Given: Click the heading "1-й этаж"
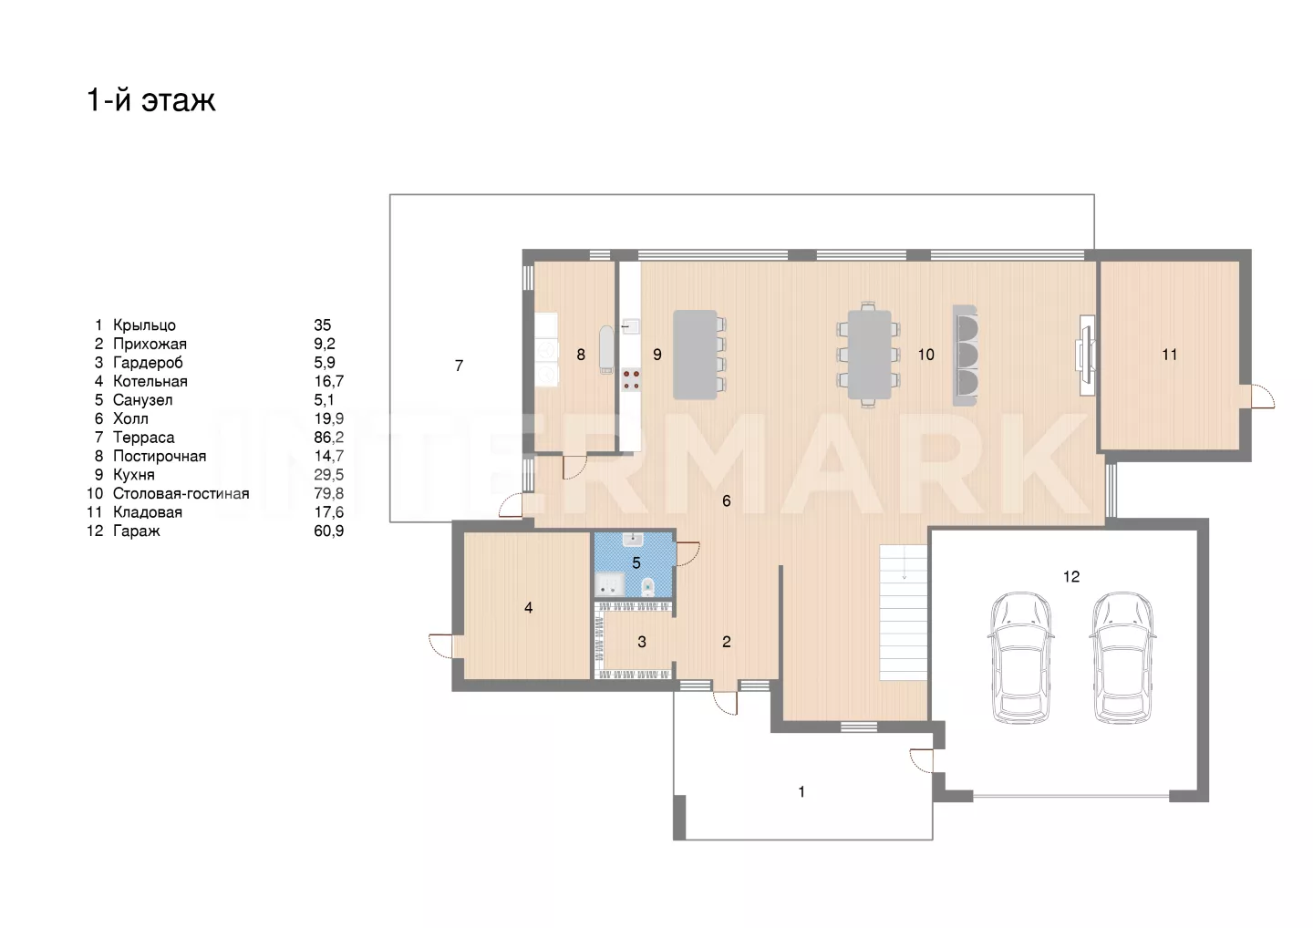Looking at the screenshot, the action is click(151, 99).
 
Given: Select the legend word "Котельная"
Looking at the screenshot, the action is click(150, 381).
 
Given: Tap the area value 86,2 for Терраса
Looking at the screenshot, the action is click(329, 438).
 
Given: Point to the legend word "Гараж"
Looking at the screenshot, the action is click(137, 531).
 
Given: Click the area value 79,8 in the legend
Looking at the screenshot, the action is click(329, 494).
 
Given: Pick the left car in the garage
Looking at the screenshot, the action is click(1020, 658).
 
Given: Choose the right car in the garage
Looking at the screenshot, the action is click(1122, 658).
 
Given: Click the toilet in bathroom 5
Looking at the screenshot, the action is click(647, 586).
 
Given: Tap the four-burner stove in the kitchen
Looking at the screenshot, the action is click(631, 379).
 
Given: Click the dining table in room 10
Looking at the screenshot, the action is click(869, 355).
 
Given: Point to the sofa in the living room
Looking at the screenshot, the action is click(966, 355).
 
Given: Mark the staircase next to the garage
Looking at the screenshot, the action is click(904, 613).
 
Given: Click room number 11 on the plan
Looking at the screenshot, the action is click(1169, 355).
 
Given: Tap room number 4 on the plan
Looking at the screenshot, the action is click(528, 608).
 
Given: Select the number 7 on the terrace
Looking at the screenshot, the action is click(459, 366).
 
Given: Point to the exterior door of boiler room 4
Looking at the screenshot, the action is click(440, 645).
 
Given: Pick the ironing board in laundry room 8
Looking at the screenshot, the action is click(606, 350).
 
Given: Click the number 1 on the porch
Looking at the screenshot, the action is click(801, 792).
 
